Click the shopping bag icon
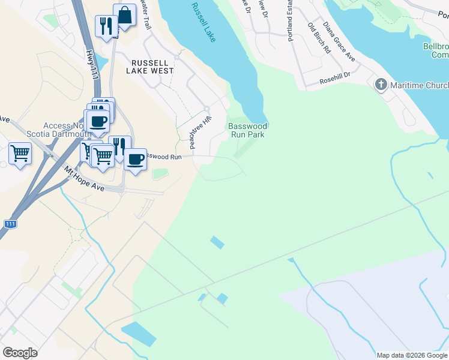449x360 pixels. (x=124, y=16)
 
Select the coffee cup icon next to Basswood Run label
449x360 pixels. (x=136, y=159)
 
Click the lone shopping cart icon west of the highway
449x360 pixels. (x=20, y=154)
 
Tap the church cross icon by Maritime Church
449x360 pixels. (x=381, y=85)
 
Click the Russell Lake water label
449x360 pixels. (x=204, y=22)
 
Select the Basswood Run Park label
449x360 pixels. (x=247, y=130)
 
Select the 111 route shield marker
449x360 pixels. (x=10, y=224)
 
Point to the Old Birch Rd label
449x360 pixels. (x=319, y=38)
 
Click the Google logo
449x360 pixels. (x=20, y=353)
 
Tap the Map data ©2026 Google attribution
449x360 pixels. (x=412, y=355)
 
